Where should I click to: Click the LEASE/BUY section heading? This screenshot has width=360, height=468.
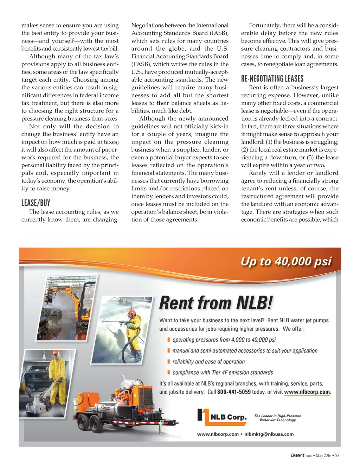[x=36, y=203]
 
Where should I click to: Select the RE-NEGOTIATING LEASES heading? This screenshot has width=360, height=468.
[x=272, y=78]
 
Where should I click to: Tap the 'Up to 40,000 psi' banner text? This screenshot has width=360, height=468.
[x=286, y=261]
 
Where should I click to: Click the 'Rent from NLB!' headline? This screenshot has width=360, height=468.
[x=216, y=303]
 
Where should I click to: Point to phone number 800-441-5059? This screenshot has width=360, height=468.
[x=234, y=392]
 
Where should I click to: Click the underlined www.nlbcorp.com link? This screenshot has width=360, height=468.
[x=307, y=392]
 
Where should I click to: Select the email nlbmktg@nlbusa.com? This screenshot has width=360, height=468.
[x=269, y=434]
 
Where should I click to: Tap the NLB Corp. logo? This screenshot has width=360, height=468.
[x=222, y=417]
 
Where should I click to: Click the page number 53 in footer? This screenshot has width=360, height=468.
[x=336, y=455]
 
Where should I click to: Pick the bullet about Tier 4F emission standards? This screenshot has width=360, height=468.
[x=223, y=373]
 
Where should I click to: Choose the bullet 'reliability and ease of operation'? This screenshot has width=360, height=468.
[x=208, y=362]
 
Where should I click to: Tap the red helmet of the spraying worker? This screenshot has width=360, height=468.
[x=132, y=313]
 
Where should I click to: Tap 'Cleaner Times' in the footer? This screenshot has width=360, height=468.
[x=301, y=455]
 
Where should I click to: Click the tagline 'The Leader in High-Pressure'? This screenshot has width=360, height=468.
[x=278, y=416]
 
